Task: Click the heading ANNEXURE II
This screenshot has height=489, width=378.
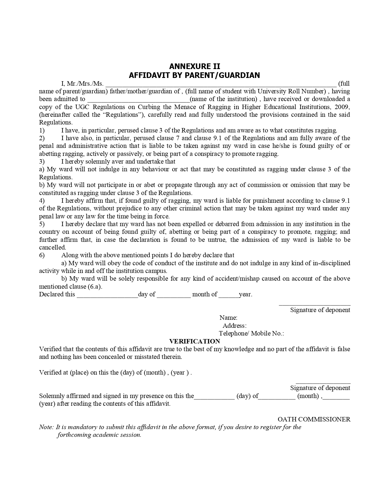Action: [x=194, y=66]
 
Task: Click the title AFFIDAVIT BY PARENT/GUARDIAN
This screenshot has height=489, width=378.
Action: [x=194, y=75]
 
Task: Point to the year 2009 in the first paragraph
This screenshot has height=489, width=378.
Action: [x=343, y=107]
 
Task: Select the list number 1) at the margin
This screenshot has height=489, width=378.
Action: [x=42, y=130]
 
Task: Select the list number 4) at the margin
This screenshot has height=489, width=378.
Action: [x=42, y=201]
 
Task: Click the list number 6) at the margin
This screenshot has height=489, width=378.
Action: [x=42, y=255]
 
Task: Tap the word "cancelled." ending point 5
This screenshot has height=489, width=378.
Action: [x=52, y=247]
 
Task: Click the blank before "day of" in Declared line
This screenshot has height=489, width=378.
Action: [x=107, y=295]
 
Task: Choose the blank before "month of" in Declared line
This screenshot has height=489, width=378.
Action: [x=174, y=295]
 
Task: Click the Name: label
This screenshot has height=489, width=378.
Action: [x=228, y=318]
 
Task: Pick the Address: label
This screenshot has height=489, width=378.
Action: [x=235, y=326]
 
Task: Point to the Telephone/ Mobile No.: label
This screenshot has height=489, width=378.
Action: [x=251, y=333]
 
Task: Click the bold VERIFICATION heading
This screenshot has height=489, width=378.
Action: [x=194, y=341]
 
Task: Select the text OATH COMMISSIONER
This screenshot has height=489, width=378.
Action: [x=314, y=419]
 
